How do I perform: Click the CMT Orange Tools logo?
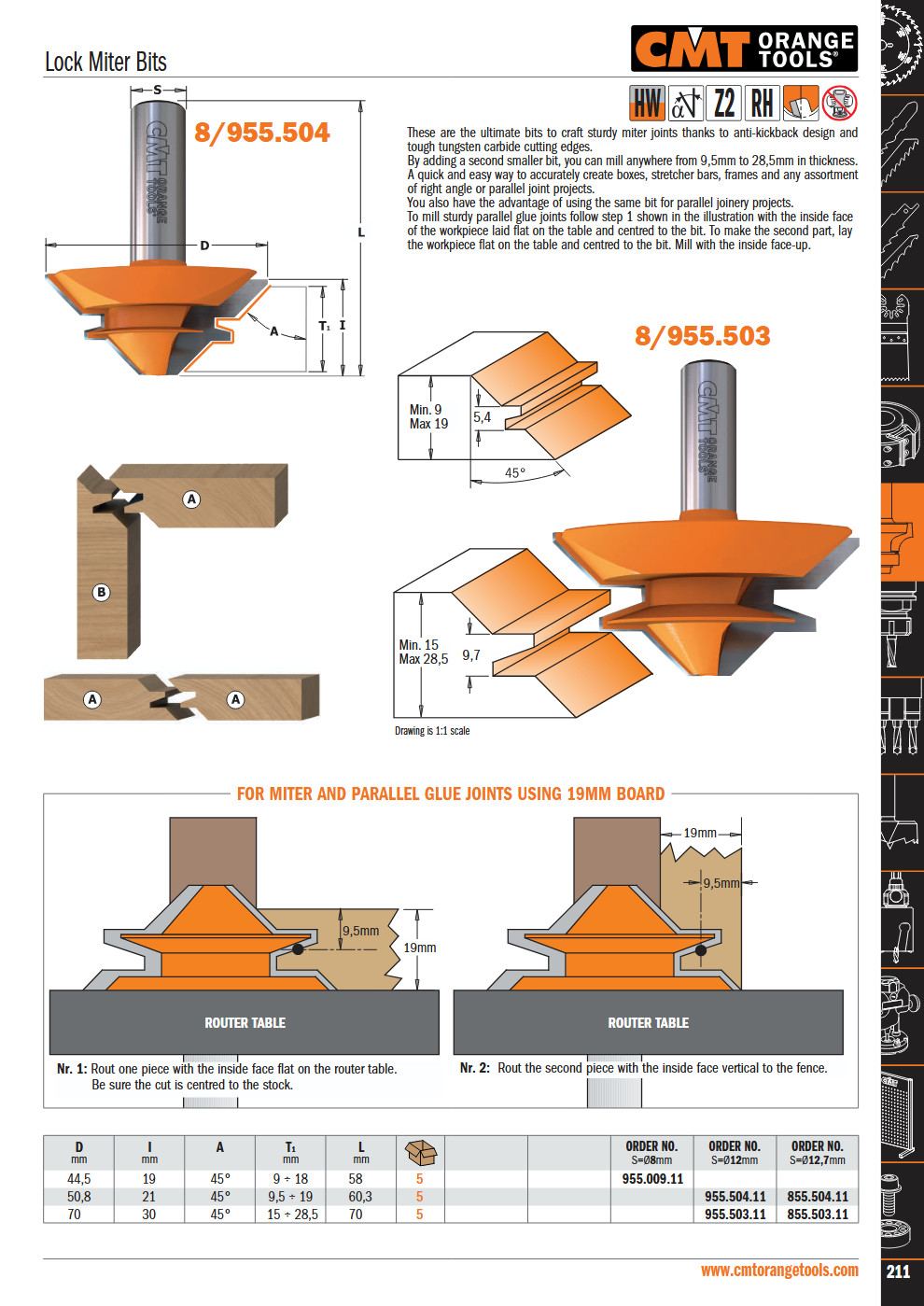click(744, 49)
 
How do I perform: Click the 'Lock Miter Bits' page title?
click(105, 62)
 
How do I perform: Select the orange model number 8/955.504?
click(261, 133)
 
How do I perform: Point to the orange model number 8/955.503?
click(703, 335)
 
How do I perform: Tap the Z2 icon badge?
click(724, 103)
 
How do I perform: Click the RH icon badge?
click(762, 103)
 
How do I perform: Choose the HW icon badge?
click(647, 103)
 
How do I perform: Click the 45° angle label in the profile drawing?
click(515, 472)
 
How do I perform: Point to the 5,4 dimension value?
click(482, 417)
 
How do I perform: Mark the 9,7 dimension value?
click(471, 655)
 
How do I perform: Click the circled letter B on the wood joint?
click(102, 593)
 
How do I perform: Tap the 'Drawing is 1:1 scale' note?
click(432, 731)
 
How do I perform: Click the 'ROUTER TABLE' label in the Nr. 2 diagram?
click(649, 1022)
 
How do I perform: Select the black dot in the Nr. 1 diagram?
click(298, 949)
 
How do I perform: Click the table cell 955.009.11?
click(652, 1178)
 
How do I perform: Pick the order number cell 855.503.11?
click(818, 1214)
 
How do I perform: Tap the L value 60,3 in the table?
click(359, 1197)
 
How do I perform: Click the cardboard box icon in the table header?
click(420, 1152)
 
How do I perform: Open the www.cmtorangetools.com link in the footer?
click(779, 1270)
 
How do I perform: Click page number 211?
click(898, 1271)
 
